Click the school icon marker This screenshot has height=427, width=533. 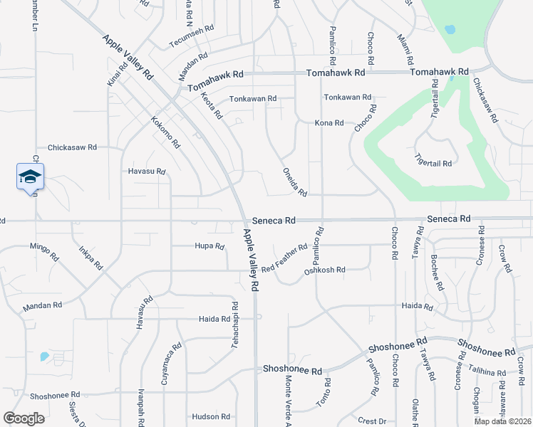(30, 176)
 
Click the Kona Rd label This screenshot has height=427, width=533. (329, 123)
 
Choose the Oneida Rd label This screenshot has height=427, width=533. (294, 182)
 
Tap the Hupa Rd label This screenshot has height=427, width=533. (209, 246)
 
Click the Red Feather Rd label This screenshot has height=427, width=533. (284, 258)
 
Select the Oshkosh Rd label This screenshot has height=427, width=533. (324, 270)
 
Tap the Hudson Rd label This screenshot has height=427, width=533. (210, 416)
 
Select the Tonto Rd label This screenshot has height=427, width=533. (324, 394)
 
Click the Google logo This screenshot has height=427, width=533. (24, 418)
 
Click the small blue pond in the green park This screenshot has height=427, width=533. (450, 30)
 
